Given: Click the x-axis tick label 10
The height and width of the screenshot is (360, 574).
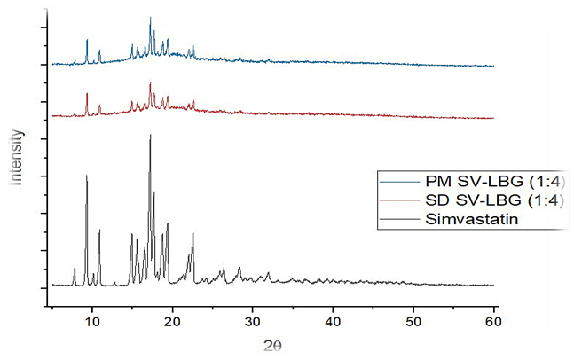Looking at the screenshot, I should click(91, 320).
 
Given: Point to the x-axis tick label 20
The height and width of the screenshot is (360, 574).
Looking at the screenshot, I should click(172, 320).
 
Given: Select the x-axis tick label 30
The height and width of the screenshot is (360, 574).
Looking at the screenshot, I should click(253, 320).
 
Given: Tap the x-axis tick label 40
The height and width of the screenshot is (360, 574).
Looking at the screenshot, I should click(333, 320).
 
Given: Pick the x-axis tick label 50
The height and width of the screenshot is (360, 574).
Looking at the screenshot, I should click(413, 320).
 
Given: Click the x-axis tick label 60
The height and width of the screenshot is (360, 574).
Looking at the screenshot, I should click(493, 320).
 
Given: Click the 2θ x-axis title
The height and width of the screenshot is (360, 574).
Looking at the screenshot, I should click(272, 343).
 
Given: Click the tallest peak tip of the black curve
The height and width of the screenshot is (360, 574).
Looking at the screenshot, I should click(150, 135).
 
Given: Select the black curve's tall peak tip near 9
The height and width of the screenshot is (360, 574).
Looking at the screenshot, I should click(86, 176).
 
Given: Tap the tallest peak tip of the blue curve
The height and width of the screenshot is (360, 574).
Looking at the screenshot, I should click(150, 17).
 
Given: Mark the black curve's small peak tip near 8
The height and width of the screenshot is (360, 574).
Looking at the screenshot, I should click(75, 268).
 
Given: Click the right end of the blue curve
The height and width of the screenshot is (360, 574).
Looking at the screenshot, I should click(493, 67).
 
